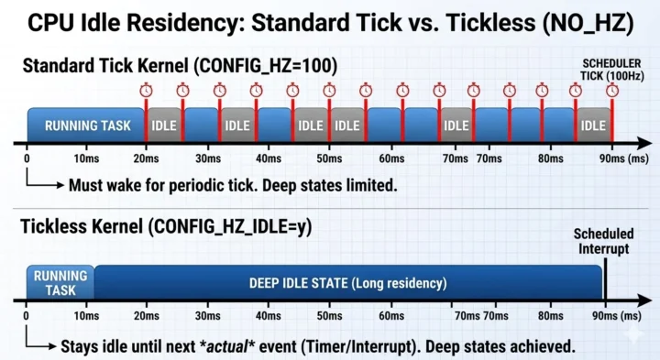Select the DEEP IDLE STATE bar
click(x=347, y=283)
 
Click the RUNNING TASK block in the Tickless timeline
click(x=60, y=282)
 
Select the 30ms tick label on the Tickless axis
click(x=209, y=316)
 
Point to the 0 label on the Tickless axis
click(x=27, y=316)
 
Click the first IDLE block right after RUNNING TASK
click(x=164, y=125)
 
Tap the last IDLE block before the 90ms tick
click(x=592, y=125)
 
